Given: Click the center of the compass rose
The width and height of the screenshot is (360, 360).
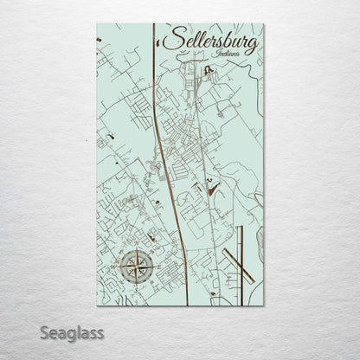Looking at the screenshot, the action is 134,264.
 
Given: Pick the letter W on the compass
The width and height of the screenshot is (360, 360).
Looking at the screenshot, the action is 118,264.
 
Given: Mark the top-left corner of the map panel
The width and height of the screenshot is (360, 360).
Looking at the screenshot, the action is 97,24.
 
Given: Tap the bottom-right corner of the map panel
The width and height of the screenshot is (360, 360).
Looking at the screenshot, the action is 263,305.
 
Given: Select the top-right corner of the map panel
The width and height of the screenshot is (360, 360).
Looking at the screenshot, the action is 263,24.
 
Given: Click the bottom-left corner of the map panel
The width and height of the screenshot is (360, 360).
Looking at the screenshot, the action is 97,305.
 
